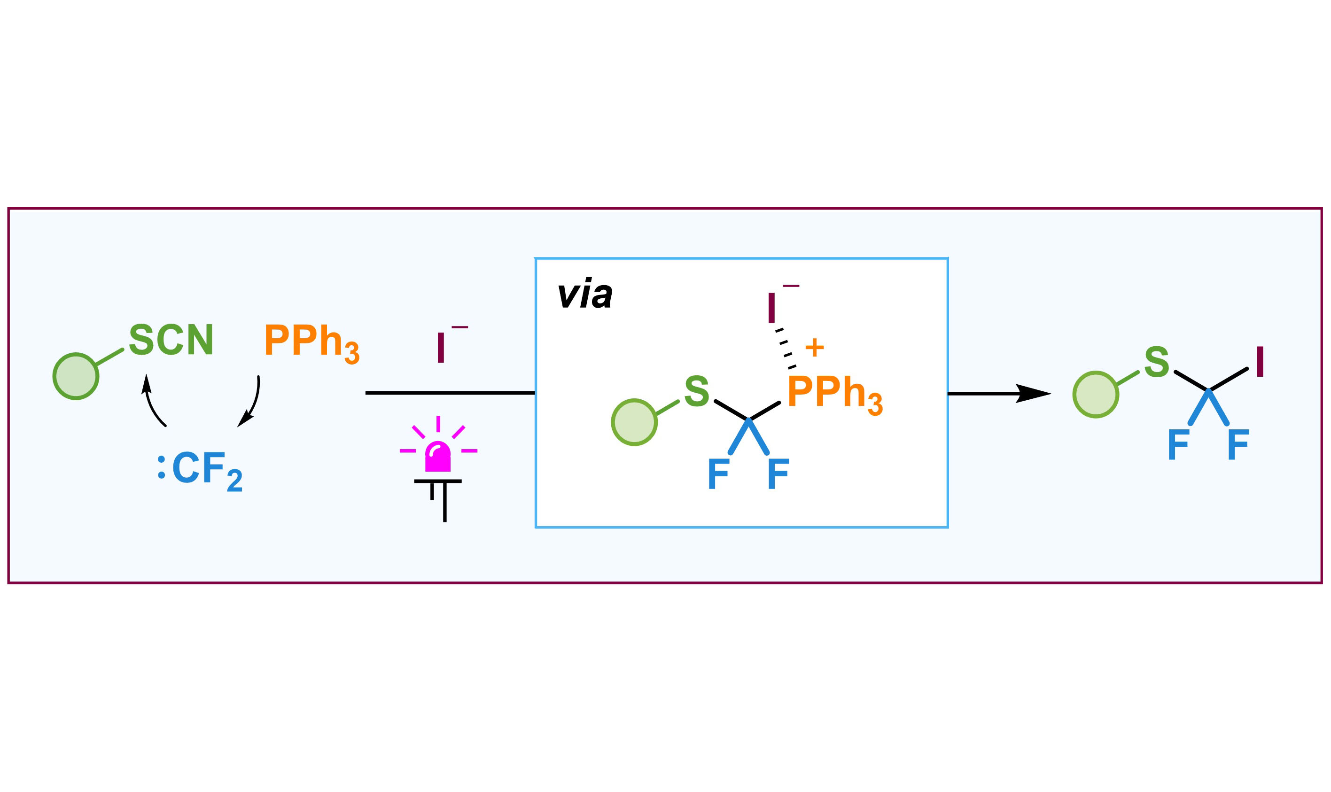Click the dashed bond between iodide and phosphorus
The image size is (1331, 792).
click(x=786, y=349)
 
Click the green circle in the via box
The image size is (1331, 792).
click(x=634, y=422)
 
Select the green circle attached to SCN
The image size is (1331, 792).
click(x=76, y=376)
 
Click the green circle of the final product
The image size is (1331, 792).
click(x=1096, y=395)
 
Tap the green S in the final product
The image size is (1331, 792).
click(x=1157, y=362)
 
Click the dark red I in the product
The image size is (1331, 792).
click(x=1260, y=362)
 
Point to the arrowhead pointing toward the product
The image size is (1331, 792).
click(x=1033, y=394)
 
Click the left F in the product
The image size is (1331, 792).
click(x=1179, y=444)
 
